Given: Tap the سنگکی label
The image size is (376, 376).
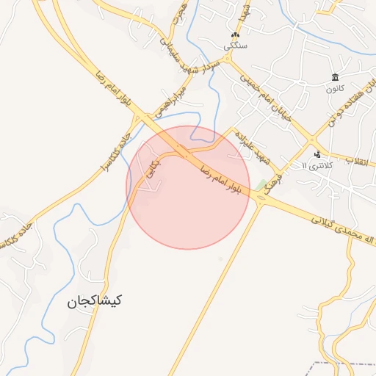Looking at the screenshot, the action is pos(236,46).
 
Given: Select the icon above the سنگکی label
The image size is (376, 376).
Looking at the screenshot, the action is pos(235,35).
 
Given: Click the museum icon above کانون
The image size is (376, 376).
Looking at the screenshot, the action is pos(335,77).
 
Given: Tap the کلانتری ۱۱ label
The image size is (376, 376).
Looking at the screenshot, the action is pos(317,165).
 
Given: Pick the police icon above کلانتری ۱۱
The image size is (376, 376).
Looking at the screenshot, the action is pos(317,154).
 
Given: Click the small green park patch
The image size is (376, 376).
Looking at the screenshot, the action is pos(262,184).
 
